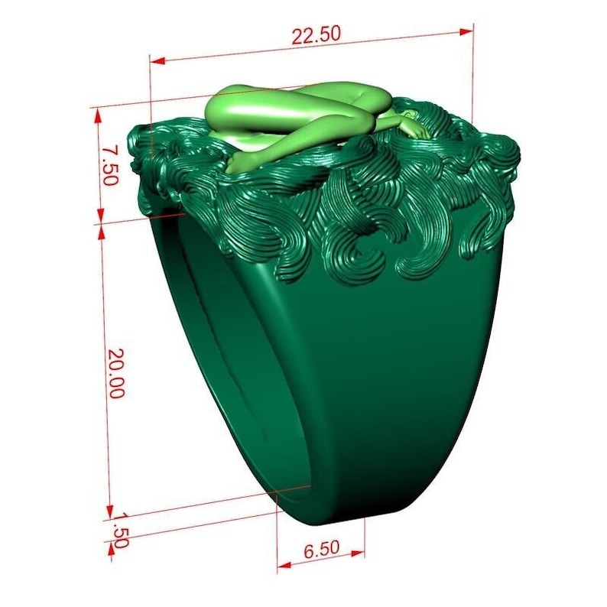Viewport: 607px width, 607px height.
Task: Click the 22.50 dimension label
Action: click(316, 35)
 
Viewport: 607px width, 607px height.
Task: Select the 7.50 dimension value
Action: click(109, 164)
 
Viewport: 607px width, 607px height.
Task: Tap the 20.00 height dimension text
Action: click(116, 374)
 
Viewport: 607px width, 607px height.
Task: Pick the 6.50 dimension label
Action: click(321, 549)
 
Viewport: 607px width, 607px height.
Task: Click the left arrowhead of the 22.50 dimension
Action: click(157, 61)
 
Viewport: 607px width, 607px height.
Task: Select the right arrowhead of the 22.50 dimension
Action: click(466, 32)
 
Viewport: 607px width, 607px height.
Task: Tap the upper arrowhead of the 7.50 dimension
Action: click(98, 115)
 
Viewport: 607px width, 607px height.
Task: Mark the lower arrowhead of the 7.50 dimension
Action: click(101, 216)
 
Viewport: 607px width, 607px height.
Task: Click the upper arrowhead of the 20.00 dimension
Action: click(102, 232)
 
